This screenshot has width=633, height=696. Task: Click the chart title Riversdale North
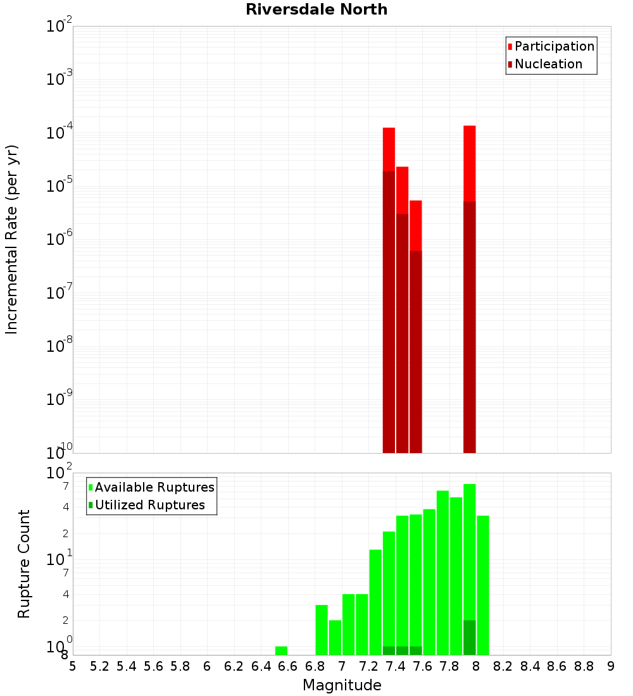(x=316, y=9)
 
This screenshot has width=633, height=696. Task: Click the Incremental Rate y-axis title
(x=11, y=240)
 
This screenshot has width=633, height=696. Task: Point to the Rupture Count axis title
(x=24, y=563)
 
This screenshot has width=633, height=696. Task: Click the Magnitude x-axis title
(x=342, y=685)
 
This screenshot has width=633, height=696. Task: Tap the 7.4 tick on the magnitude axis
(x=396, y=666)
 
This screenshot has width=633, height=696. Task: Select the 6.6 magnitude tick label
(x=288, y=666)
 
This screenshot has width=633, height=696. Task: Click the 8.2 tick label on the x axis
(x=503, y=666)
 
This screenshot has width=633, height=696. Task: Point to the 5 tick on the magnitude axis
(x=73, y=666)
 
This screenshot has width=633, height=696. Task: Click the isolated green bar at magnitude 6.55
(x=281, y=650)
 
